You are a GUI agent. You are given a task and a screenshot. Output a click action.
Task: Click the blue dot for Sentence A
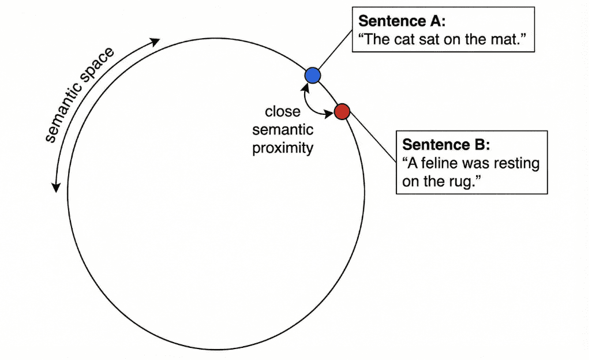[312, 75]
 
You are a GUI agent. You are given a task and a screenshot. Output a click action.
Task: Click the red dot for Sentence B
[342, 111]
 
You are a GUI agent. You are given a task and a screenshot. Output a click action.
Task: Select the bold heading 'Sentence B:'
[446, 144]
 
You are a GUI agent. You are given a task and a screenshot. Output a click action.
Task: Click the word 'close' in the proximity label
[283, 111]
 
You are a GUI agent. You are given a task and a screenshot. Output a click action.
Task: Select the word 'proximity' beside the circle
[283, 148]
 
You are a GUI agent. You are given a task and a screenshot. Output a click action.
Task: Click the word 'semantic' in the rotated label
[63, 112]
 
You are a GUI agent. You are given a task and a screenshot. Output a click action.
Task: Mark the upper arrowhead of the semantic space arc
[155, 42]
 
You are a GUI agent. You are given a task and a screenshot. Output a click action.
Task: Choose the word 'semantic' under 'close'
[283, 130]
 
